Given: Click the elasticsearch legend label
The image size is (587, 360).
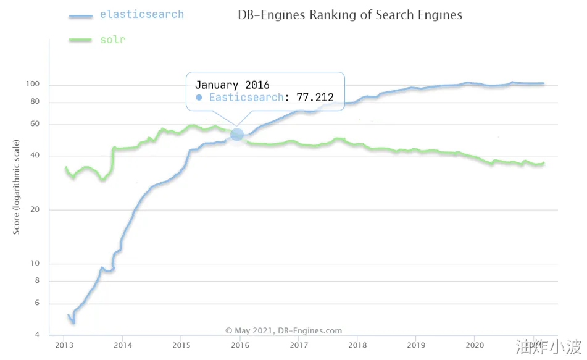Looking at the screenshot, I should point(141,14).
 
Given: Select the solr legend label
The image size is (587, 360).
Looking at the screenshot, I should point(112,40).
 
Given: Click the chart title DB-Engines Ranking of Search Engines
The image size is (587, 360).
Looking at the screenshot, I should point(349,15).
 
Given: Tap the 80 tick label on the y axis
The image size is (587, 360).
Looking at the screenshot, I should point(35,102).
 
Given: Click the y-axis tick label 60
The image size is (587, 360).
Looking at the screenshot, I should point(35,124).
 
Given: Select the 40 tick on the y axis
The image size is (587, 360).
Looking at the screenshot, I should point(35,156).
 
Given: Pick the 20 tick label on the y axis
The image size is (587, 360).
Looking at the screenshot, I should point(35,210).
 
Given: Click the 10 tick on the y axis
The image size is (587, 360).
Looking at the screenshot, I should point(35,264).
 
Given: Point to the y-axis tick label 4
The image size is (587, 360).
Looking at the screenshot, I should point(38,335).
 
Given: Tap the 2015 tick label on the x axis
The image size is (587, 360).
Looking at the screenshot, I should point(181,345).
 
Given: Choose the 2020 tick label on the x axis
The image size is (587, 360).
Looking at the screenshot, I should point(474,345).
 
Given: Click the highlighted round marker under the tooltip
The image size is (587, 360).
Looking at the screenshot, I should point(237,134).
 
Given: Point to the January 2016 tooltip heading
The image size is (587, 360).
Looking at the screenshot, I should point(232,85).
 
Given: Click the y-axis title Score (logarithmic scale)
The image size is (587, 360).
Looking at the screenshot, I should point(17,187).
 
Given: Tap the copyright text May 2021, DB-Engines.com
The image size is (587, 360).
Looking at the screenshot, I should point(283,331).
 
